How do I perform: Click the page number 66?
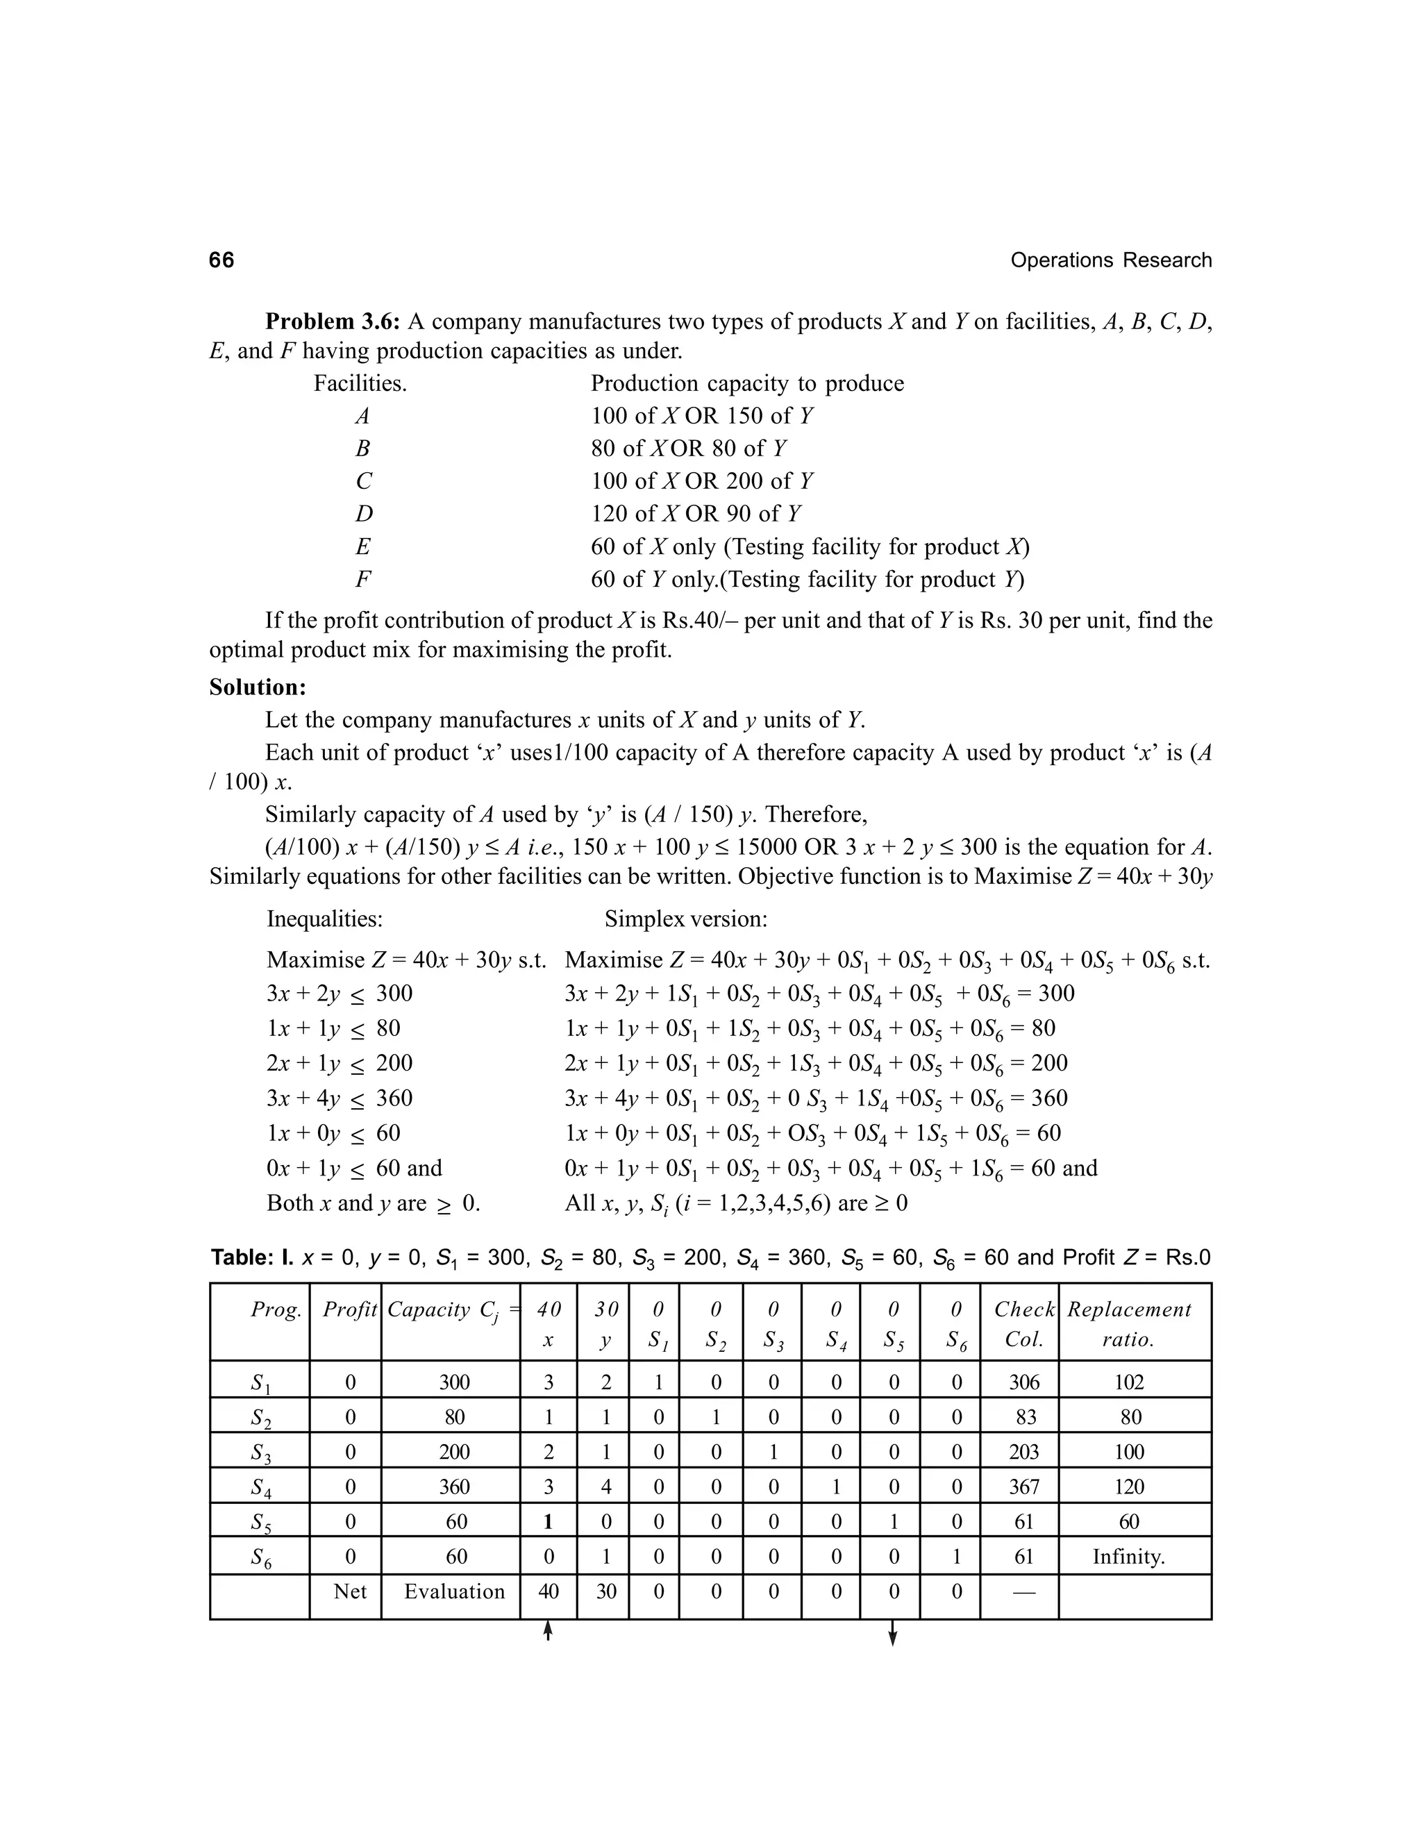tap(221, 260)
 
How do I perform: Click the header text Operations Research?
tap(1110, 260)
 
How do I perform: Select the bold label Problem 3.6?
tap(333, 322)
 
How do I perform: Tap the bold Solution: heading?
tap(258, 687)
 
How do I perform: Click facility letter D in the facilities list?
tap(363, 514)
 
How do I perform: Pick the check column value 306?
tap(1023, 1382)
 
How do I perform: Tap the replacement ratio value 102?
tap(1129, 1382)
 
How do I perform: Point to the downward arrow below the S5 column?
tap(893, 1634)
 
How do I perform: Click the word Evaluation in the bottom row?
tap(454, 1591)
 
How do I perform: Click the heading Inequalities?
tap(324, 919)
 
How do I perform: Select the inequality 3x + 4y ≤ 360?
tap(340, 1098)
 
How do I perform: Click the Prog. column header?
tap(276, 1310)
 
